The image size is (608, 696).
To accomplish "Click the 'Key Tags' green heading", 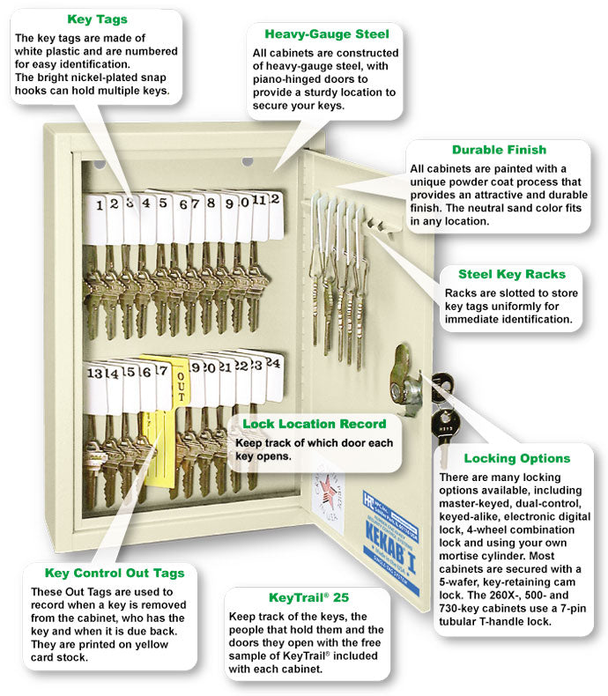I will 96,19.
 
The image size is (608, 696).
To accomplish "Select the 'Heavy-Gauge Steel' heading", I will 327,34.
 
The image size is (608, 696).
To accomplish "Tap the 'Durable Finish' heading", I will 499,150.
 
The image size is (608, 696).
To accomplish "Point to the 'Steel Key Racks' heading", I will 512,274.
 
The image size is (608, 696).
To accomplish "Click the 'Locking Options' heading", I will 516,458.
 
